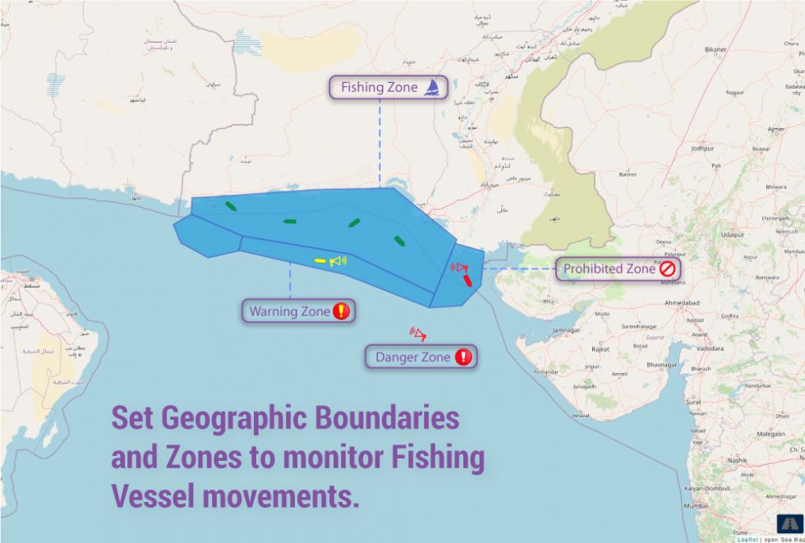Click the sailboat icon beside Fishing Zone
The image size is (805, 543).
pos(432,87)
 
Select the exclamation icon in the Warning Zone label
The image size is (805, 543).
pos(342,311)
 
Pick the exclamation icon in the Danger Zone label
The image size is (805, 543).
pos(463,357)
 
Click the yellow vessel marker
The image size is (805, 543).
pos(320,261)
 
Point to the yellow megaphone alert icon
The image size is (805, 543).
pos(338,261)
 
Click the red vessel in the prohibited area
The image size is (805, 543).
pos(467,280)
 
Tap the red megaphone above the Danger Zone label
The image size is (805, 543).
pos(418,334)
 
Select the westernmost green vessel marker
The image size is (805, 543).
pos(231,206)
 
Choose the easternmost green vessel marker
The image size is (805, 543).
pos(399,241)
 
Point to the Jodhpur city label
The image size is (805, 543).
pos(703,149)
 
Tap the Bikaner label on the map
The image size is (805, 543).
pos(715,49)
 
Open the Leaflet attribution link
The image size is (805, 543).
pos(746,539)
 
